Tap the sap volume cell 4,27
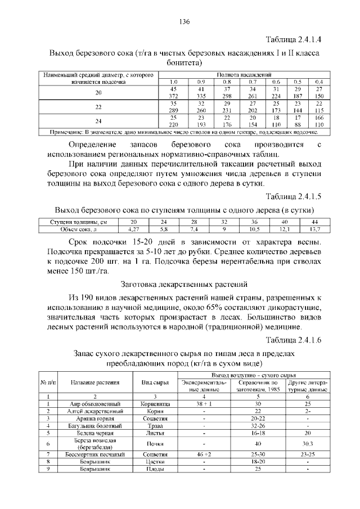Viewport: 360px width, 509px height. [133, 229]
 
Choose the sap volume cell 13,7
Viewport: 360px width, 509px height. [314, 229]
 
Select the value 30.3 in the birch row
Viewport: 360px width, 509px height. [308, 444]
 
